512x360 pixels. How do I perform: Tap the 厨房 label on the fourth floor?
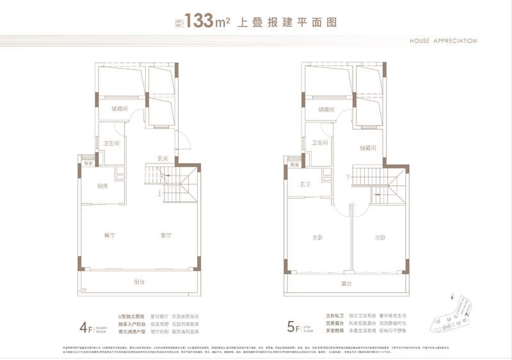pyautogui.click(x=102, y=186)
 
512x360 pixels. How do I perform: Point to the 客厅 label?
pyautogui.click(x=166, y=236)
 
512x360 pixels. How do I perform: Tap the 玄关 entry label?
pyautogui.click(x=163, y=158)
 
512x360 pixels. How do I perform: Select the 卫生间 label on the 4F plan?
pyautogui.click(x=109, y=143)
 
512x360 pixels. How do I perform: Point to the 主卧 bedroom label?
pyautogui.click(x=318, y=237)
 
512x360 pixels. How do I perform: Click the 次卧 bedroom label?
pyautogui.click(x=380, y=237)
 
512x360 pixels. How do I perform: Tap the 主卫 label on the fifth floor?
pyautogui.click(x=304, y=184)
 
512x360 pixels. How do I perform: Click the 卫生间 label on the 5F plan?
pyautogui.click(x=319, y=143)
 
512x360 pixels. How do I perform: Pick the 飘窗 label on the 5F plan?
pyautogui.click(x=294, y=165)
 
